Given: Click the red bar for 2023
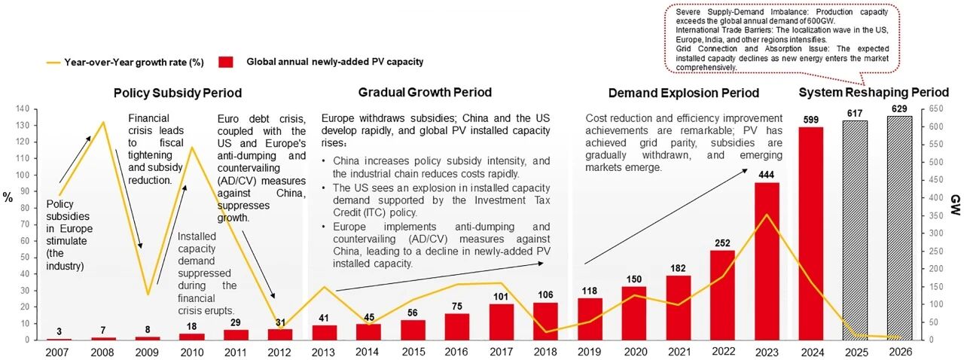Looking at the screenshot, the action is [767, 261].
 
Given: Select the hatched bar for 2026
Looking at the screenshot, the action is [899, 228].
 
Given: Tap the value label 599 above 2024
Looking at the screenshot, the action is [811, 120].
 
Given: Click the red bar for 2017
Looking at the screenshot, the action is [502, 322].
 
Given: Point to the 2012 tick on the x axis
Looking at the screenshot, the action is [279, 352].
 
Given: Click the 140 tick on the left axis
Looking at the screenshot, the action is [22, 109].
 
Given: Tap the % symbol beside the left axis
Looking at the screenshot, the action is [8, 197].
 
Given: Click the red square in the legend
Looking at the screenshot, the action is [225, 62].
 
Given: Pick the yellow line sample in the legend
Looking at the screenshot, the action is [53, 63].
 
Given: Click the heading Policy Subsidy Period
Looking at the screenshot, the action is [178, 93].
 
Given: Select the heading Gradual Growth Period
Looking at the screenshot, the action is [425, 92].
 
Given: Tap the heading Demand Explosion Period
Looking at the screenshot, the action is [683, 93].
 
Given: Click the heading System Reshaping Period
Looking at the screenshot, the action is [874, 93].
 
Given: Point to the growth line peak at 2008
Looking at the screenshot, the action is [103, 122].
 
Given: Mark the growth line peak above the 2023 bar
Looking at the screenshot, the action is [767, 215].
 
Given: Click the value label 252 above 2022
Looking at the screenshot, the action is [722, 243].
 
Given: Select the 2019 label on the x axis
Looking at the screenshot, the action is [589, 352].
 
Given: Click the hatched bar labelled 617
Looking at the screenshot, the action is [855, 230].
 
